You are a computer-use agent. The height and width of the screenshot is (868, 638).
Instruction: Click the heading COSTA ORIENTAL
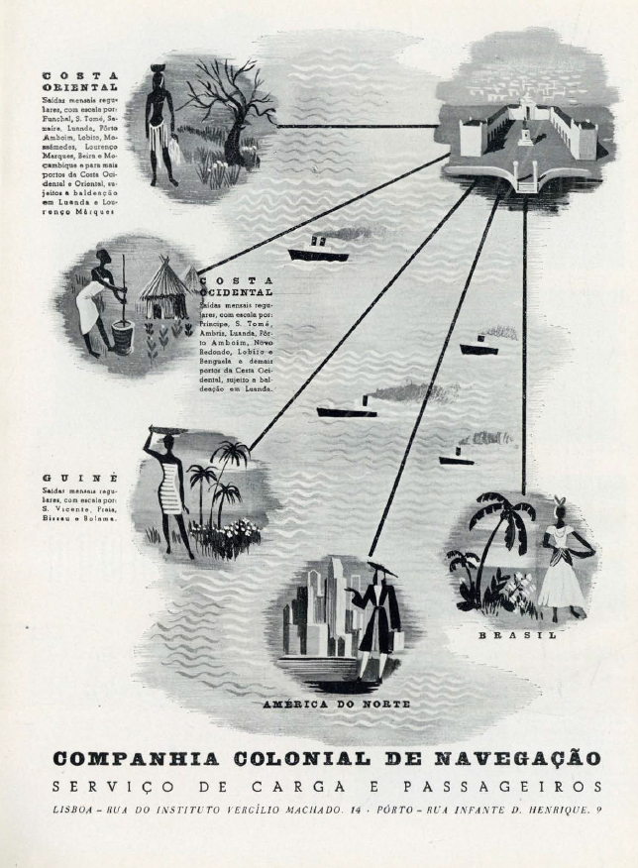(x=80, y=80)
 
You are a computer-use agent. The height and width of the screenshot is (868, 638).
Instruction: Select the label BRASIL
(x=517, y=635)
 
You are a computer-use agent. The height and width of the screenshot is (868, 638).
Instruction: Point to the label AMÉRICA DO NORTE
(x=336, y=704)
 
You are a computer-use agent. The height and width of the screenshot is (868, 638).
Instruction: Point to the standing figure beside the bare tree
(x=159, y=124)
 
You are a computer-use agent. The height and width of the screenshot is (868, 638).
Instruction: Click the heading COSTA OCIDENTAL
(x=237, y=287)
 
